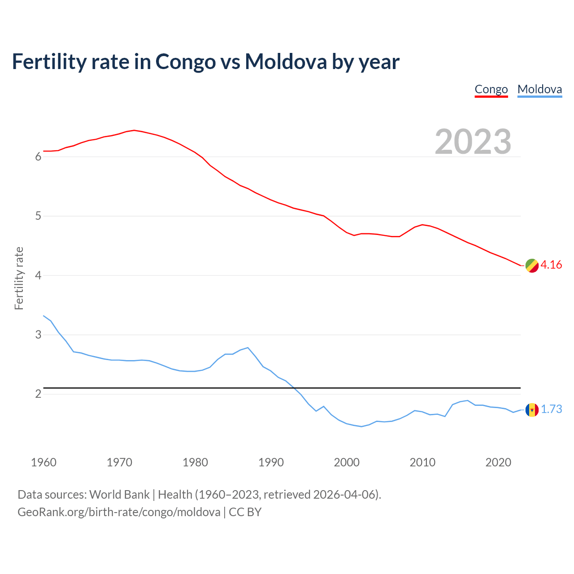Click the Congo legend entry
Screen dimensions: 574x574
click(x=491, y=89)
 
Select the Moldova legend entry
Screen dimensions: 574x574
click(x=539, y=89)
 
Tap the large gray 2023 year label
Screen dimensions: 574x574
click(x=473, y=142)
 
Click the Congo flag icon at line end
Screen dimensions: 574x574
click(x=532, y=265)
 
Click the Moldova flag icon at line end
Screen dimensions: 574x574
click(x=532, y=409)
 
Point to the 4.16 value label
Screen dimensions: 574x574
click(x=551, y=265)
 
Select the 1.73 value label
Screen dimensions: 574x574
click(x=551, y=409)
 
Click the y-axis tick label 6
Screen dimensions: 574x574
click(x=38, y=157)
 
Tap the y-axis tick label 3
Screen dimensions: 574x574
click(x=38, y=335)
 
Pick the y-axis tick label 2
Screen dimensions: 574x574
click(x=38, y=394)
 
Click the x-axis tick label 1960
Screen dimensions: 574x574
click(x=43, y=462)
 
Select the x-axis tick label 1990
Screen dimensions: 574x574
click(x=271, y=462)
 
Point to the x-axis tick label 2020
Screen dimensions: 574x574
click(x=498, y=462)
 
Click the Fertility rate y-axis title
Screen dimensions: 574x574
click(x=19, y=278)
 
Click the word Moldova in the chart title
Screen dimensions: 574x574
click(x=286, y=61)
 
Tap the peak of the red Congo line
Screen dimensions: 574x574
click(x=134, y=130)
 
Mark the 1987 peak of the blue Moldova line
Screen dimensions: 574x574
click(x=248, y=348)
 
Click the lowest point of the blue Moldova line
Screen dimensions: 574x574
click(x=361, y=426)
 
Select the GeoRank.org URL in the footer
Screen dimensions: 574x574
click(x=119, y=512)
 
